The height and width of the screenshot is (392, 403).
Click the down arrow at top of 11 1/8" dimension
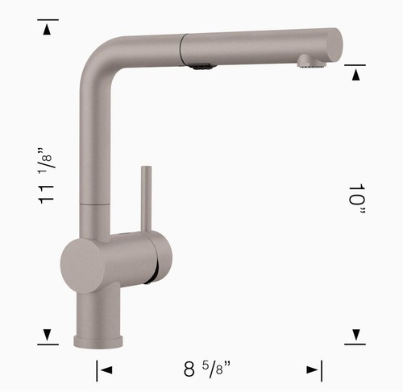click(x=48, y=30)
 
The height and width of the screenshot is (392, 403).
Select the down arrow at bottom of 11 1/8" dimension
click(x=48, y=336)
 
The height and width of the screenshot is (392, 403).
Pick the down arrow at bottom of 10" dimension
click(x=355, y=336)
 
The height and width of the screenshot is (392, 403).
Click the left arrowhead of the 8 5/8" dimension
click(x=104, y=370)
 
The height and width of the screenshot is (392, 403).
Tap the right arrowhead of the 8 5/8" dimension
click(x=314, y=370)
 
